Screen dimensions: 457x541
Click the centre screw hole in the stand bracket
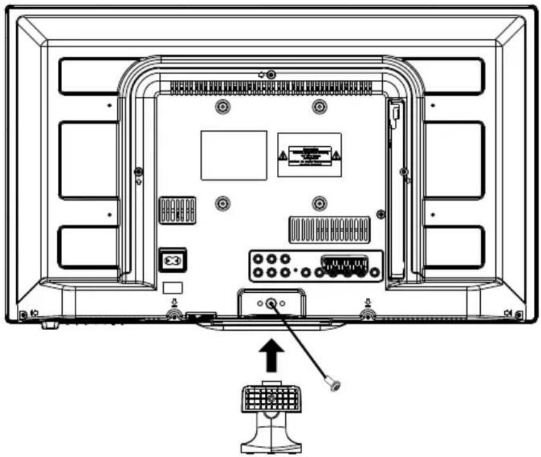271,304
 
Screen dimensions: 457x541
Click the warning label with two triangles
309,155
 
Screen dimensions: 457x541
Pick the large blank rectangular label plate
233,155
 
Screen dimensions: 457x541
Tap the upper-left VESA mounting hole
223,108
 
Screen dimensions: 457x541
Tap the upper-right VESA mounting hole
319,108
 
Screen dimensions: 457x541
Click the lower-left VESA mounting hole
223,203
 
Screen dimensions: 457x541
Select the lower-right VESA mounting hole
319,203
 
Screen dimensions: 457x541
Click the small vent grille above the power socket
177,209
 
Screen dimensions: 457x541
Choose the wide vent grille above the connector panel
329,230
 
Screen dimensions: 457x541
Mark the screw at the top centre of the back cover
271,75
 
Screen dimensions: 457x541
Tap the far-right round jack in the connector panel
375,272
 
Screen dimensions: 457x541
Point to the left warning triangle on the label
283,155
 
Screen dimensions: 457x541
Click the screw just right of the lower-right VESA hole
379,213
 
